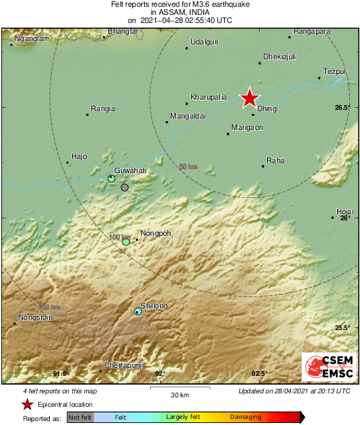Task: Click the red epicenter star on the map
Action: pos(250,98)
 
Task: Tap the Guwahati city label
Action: pos(130,171)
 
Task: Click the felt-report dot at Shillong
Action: pos(138,311)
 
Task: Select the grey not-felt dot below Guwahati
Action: pos(124,188)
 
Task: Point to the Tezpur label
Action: pos(334,71)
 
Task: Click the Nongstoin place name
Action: pos(34,317)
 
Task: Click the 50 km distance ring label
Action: pos(188,166)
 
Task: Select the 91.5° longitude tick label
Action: pos(61,373)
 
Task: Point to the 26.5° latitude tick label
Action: pos(343,108)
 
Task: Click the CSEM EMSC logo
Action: pos(330,367)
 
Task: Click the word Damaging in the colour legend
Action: pos(246,418)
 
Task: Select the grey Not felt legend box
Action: pos(80,418)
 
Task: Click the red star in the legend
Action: pos(27,404)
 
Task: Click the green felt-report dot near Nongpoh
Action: pos(126,242)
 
